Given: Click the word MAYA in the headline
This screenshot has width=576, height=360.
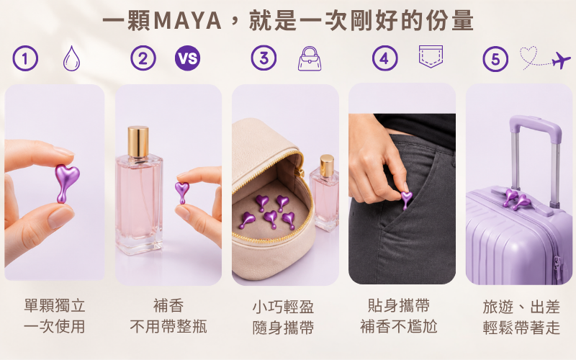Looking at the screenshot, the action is pos(187,21).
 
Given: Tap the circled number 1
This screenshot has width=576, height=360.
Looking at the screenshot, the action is pos(25,58).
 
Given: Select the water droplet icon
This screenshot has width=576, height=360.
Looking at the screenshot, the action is pos(71,58).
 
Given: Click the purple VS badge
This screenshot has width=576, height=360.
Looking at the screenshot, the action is pos(188,58).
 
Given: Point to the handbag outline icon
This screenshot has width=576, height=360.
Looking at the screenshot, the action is pos(310,58).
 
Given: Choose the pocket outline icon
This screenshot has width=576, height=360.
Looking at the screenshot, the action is pos(431,56).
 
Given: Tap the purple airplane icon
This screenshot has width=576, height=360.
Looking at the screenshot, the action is pos(562,60).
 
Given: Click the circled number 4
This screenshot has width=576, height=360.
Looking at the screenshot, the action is pos(384,58).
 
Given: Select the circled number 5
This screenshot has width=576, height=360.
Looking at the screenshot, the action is pos(495,59).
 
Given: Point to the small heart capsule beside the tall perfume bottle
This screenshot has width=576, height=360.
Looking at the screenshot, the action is pos(182,192).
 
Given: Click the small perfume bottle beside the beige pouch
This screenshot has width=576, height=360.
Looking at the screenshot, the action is pos(325,192).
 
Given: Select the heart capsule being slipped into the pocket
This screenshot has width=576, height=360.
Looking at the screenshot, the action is pos(406,199).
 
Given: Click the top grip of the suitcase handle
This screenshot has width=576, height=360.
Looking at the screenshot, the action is pos(535,124).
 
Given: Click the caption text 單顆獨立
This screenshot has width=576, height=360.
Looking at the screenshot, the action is pos(55,305).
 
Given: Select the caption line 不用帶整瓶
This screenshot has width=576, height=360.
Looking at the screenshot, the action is pos(168,326).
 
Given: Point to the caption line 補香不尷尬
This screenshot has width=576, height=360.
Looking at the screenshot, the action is pos(399,326).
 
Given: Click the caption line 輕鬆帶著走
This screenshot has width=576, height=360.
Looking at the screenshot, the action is pos(521,328).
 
